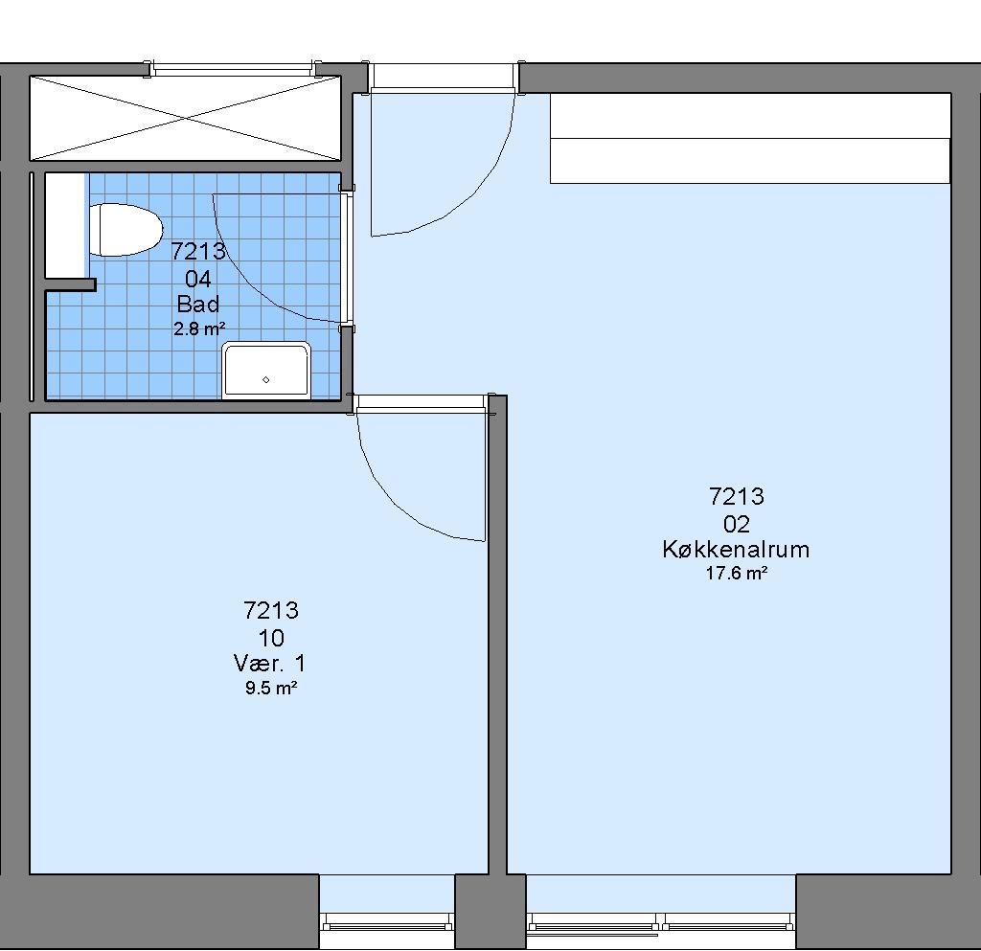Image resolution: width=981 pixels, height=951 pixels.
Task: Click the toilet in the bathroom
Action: point(125,230)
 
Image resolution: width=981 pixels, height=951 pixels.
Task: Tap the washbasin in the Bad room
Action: point(266,370)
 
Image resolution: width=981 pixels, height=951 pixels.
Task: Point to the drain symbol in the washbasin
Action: point(266,379)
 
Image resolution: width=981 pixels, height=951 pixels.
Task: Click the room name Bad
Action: point(198,304)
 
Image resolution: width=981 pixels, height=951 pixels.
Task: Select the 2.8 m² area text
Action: point(199,328)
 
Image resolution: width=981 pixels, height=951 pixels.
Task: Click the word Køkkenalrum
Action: point(736,549)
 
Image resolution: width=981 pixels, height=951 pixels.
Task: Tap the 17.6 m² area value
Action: point(737,573)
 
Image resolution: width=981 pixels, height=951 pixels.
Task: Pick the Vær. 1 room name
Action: point(269,663)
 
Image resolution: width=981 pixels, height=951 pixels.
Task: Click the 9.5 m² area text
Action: point(271,689)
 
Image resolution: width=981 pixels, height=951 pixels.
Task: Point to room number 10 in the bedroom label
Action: point(271,638)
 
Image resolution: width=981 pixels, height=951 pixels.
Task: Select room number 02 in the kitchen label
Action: point(737,524)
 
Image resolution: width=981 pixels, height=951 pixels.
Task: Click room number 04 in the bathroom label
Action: point(198,279)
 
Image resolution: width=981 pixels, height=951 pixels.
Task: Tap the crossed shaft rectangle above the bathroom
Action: point(186,118)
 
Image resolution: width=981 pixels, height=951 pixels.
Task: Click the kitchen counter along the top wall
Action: point(750,138)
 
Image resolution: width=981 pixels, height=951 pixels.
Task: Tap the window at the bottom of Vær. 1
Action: point(387,923)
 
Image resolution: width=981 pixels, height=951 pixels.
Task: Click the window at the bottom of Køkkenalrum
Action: point(661,923)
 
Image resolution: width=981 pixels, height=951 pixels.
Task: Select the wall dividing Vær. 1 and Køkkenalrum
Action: point(497,634)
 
